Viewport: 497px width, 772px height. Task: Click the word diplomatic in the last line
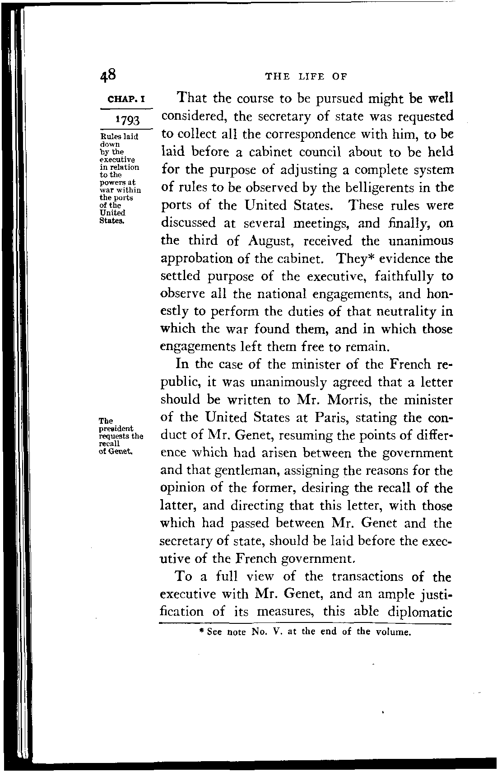[x=420, y=612]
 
